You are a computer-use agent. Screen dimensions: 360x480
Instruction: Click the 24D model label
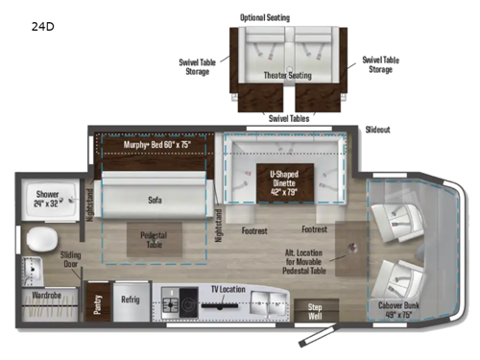pyautogui.click(x=43, y=26)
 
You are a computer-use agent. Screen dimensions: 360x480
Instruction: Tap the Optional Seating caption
pyautogui.click(x=265, y=17)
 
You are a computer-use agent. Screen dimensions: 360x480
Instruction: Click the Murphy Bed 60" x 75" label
pyautogui.click(x=157, y=145)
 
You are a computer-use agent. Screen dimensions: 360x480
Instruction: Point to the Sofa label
pyautogui.click(x=156, y=200)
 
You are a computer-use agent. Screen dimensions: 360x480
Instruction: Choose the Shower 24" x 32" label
pyautogui.click(x=48, y=199)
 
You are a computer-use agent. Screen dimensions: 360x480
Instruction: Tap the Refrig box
pyautogui.click(x=130, y=300)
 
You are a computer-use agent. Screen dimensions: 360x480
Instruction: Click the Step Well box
pyautogui.click(x=313, y=311)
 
